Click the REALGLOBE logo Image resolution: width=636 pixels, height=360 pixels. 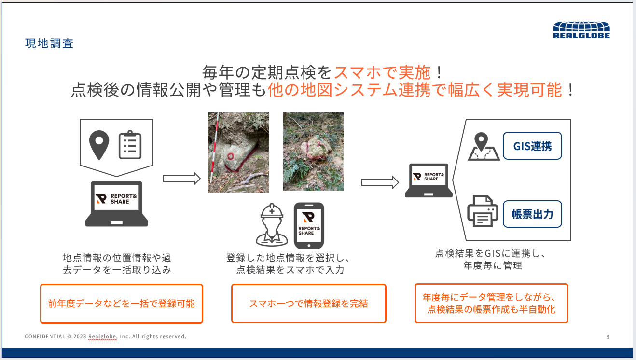coord(581,30)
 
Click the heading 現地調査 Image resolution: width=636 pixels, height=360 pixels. coord(49,43)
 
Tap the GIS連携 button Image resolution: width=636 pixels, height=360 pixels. coord(532,146)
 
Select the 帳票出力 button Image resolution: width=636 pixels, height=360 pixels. coord(532,214)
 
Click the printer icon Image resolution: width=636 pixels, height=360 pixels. coord(482,211)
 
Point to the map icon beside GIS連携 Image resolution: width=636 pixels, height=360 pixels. coord(483,147)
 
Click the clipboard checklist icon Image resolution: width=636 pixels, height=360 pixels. coord(130,144)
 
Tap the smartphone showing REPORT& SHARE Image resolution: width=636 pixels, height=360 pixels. coord(309,225)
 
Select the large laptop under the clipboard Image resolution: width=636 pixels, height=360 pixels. coord(116,204)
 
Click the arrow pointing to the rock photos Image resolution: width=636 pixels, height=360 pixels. coord(181,179)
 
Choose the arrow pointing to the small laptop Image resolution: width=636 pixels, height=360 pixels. coord(380,182)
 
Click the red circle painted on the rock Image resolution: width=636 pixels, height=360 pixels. coord(230,155)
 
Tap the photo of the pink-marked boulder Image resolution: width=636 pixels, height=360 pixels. coord(313,152)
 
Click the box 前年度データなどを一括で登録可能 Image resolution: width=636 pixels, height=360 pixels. coord(121,304)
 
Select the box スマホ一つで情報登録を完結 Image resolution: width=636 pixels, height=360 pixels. coord(308,304)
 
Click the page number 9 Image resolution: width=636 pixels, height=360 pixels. coord(608,337)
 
